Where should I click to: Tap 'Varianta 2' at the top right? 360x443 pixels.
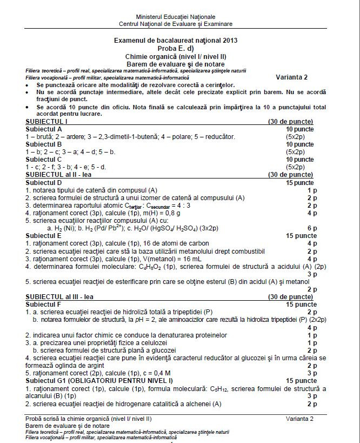291,76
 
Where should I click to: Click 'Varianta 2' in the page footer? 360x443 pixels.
299,419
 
